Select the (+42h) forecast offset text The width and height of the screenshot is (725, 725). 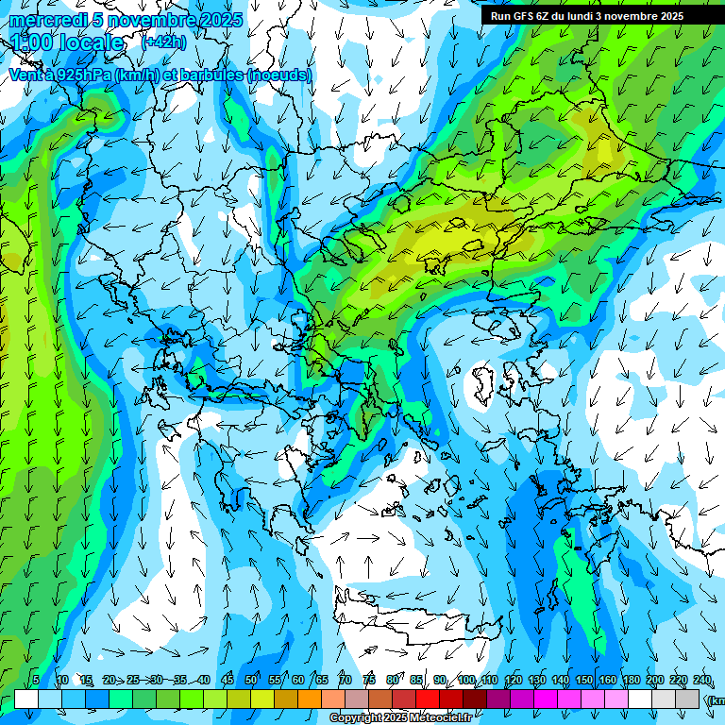pos(163,42)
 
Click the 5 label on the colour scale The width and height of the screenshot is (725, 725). pos(36,680)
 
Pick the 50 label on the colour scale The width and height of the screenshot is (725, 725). pos(251,680)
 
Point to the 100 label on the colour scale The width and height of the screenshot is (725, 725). pos(466,680)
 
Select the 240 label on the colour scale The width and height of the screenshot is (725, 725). pos(702,680)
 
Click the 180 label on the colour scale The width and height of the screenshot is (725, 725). pos(632,680)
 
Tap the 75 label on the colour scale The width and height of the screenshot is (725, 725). pos(369,680)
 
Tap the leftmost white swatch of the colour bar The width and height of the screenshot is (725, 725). pos(26,699)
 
